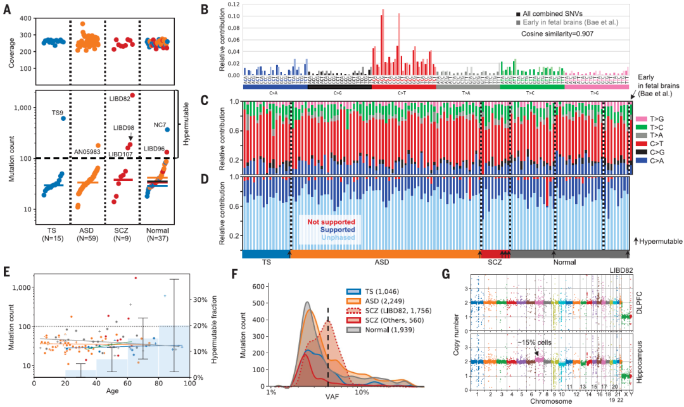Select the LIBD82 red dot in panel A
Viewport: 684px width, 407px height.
coord(132,95)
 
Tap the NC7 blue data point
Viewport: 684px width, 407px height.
coord(168,130)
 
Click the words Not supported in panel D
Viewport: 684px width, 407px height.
coord(331,222)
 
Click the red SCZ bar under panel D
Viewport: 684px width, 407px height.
coord(495,254)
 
